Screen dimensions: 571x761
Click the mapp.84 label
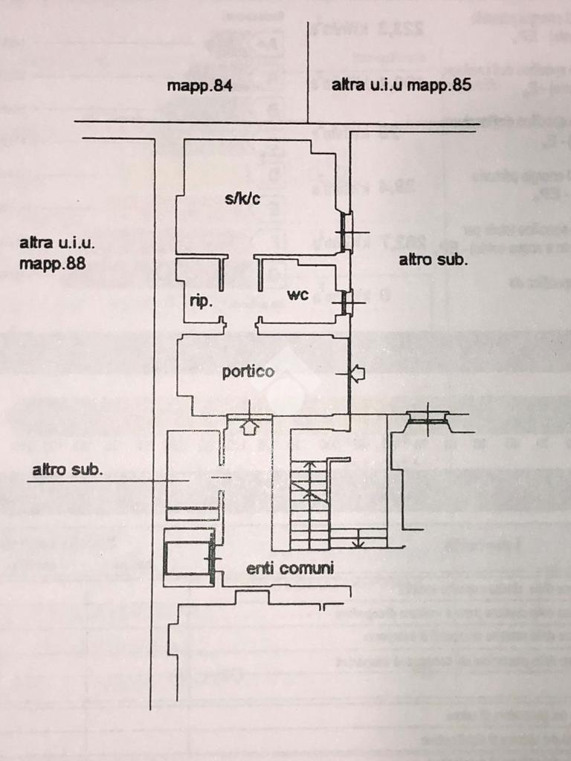coord(200,85)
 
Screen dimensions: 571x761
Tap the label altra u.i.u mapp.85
coord(401,85)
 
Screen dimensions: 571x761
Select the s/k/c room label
coord(242,198)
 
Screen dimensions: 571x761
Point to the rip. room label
coord(201,302)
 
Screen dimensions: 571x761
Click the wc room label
coord(297,294)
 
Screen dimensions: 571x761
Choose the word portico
coord(248,372)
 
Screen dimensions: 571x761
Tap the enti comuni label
coord(290,569)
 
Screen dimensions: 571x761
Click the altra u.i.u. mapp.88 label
coord(57,253)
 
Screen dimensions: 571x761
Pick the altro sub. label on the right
coord(433,260)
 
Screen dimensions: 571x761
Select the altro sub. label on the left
coord(68,470)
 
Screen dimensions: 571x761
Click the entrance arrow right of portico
coord(357,374)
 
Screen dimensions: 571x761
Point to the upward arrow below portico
coord(249,427)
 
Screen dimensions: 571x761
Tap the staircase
coord(309,502)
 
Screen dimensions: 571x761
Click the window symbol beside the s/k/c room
coord(346,231)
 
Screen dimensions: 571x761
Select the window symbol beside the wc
coord(346,302)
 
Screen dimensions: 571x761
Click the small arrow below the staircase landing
coord(358,540)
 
